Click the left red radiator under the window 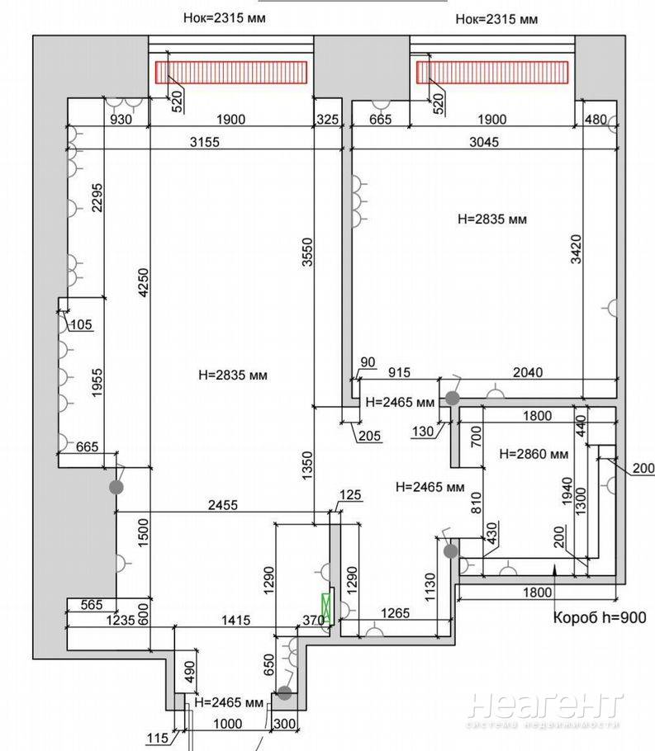coord(231,73)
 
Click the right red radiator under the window coord(492,73)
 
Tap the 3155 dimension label coord(204,142)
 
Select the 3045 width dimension coord(484,142)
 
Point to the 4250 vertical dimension coord(144,282)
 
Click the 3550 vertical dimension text coord(307,252)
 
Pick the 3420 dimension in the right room coord(576,249)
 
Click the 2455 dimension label coord(223,505)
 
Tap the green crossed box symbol coord(326,609)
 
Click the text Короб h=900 coord(600,617)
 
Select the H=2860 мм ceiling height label coord(534,454)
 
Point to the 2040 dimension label coord(528,372)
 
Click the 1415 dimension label coord(236,621)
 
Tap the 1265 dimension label coord(395,613)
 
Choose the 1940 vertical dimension coord(567,491)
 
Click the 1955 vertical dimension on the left coord(97,383)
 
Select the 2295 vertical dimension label coord(97,197)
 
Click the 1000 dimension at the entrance coord(228,723)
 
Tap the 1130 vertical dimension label coord(430,588)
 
